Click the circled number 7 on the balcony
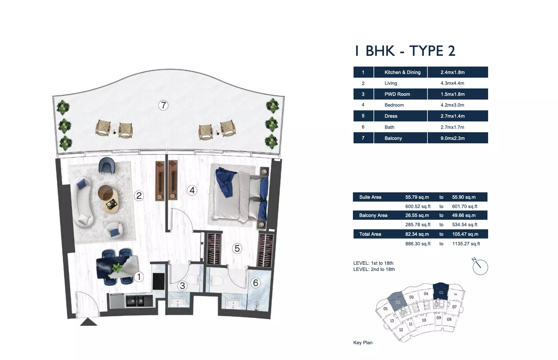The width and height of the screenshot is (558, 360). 163,105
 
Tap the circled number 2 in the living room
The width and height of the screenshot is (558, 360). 139,195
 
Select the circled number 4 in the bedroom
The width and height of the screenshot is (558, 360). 192,190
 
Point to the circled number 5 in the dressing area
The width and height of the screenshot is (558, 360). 237,248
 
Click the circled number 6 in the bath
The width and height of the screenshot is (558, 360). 256,283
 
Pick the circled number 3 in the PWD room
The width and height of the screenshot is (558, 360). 182,286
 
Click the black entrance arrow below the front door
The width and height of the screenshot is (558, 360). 88,322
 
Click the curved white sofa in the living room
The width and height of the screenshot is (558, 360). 82,202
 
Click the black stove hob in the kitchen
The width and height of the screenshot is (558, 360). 159,281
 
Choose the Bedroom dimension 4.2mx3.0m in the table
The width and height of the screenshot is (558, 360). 452,105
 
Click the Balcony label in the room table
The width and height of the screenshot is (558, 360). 393,138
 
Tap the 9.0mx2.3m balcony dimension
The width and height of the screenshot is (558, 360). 452,138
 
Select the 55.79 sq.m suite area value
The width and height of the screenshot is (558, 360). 417,197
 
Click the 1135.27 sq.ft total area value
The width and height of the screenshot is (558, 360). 466,244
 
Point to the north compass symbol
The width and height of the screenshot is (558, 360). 480,266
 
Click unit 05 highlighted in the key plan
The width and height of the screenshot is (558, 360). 441,291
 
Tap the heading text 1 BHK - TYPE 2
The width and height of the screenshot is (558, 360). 405,51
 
